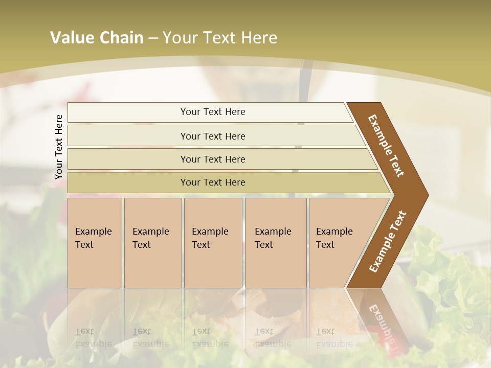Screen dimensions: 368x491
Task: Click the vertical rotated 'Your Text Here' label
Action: (59, 147)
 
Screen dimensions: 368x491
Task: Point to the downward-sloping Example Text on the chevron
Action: (387, 146)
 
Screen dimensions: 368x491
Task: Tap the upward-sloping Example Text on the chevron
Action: (388, 241)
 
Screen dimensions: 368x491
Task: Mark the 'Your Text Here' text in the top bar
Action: (213, 112)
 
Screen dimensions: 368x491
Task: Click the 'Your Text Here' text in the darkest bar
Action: (213, 182)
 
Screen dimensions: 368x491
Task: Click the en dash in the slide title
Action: (153, 38)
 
